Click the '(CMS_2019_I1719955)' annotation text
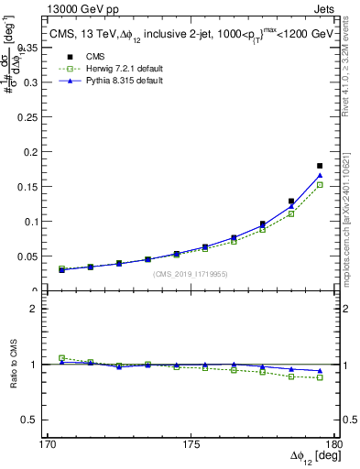tap(191, 273)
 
